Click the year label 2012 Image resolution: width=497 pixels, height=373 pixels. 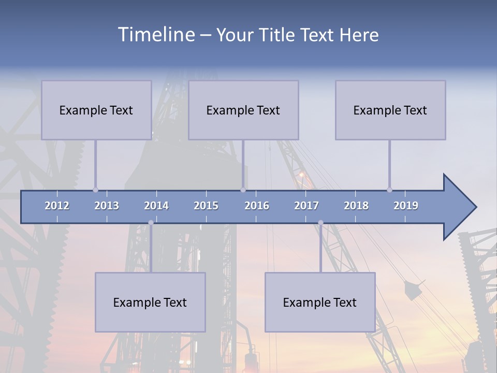pyautogui.click(x=57, y=206)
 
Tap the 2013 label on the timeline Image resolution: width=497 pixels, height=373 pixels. pyautogui.click(x=107, y=206)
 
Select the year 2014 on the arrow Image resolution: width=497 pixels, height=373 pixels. pyautogui.click(x=156, y=206)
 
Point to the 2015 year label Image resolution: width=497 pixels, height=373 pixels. pyautogui.click(x=206, y=206)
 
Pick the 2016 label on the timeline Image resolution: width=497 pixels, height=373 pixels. pyautogui.click(x=257, y=206)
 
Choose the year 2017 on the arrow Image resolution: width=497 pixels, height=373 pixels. pyautogui.click(x=306, y=206)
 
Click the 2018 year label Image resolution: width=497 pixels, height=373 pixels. pyautogui.click(x=356, y=206)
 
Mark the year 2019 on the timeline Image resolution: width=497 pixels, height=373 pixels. pyautogui.click(x=406, y=206)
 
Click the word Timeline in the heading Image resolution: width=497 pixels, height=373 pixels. pyautogui.click(x=156, y=35)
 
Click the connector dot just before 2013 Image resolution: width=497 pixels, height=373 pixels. pyautogui.click(x=95, y=190)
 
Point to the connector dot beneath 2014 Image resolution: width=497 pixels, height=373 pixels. pyautogui.click(x=151, y=222)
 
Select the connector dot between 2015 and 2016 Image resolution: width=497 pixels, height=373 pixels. pyautogui.click(x=243, y=190)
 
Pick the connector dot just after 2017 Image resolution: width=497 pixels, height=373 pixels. pyautogui.click(x=320, y=222)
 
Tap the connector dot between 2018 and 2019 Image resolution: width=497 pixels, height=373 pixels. pyautogui.click(x=389, y=190)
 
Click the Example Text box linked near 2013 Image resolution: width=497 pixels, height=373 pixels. pyautogui.click(x=96, y=110)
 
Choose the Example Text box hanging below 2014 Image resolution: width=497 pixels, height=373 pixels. pyautogui.click(x=150, y=302)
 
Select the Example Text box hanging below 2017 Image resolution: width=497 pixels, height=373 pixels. pyautogui.click(x=320, y=302)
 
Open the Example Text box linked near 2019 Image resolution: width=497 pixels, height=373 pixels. pyautogui.click(x=390, y=110)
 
